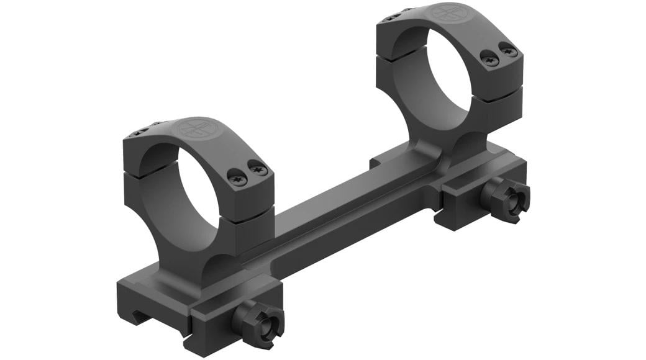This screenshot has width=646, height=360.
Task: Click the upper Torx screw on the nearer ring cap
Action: point(258,168)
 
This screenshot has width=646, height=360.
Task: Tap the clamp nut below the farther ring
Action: point(507,200)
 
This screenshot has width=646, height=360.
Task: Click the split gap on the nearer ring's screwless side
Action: point(133,173)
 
